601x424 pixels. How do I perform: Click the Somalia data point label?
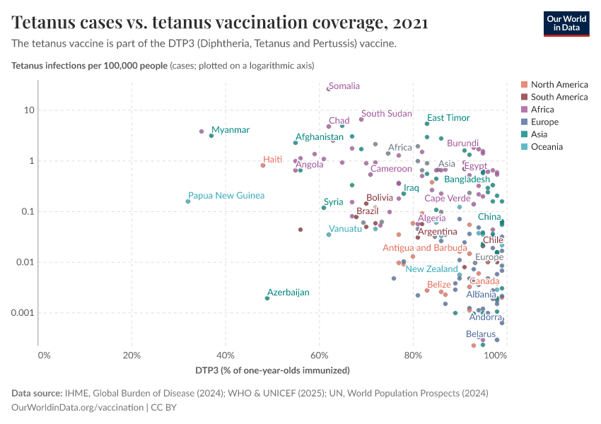pos(344,86)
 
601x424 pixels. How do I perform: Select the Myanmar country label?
pos(231,130)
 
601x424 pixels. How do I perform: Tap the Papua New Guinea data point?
pos(188,201)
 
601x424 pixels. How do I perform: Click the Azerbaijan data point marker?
pos(267,298)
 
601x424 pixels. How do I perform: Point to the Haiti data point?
pos(263,165)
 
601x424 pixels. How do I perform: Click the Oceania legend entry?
pos(547,147)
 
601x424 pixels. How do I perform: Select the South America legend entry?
pos(559,97)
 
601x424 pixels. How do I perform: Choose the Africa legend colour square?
pos(524,110)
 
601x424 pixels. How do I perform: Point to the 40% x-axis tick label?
pos(226,354)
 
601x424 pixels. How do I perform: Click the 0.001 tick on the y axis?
pos(23,313)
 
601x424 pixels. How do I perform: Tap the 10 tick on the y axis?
pos(29,110)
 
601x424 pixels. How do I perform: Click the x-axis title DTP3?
pos(272,370)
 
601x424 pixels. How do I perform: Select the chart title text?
pos(220,23)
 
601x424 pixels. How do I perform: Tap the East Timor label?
pos(448,118)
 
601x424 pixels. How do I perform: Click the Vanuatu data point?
pos(329,235)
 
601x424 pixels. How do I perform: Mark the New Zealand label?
pos(431,269)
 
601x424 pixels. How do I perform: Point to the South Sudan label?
pos(386,114)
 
